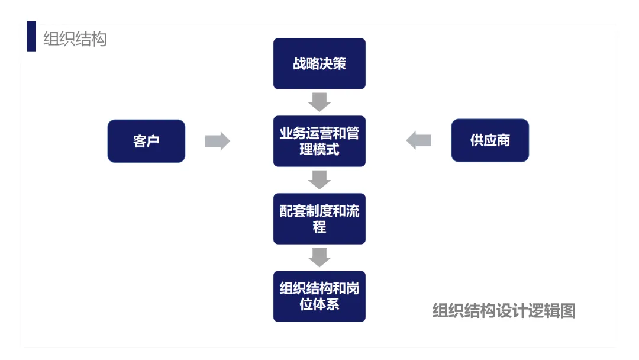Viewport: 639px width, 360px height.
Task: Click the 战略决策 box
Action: (319, 64)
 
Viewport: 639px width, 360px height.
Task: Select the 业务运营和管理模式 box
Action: (319, 141)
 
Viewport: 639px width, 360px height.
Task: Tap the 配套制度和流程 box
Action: (319, 218)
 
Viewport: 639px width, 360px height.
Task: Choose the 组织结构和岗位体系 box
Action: (319, 296)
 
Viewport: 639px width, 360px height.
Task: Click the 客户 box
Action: (146, 141)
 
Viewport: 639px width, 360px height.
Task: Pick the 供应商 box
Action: (490, 140)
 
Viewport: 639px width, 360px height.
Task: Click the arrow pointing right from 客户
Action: (217, 141)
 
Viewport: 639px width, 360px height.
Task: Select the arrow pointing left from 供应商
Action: (419, 140)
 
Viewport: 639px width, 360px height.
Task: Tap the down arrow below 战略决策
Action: (319, 102)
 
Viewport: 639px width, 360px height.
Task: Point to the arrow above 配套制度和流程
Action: (319, 179)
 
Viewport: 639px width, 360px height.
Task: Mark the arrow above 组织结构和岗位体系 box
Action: (319, 257)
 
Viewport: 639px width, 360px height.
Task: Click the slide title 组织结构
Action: (75, 39)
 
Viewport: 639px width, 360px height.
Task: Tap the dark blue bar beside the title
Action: (31, 36)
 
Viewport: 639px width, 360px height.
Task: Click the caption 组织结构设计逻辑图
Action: (504, 310)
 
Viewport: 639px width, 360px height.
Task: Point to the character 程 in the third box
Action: (319, 227)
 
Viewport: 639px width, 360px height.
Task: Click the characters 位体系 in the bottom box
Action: (319, 304)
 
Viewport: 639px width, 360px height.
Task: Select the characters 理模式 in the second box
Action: (319, 149)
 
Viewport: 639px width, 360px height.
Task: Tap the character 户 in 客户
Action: (153, 141)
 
